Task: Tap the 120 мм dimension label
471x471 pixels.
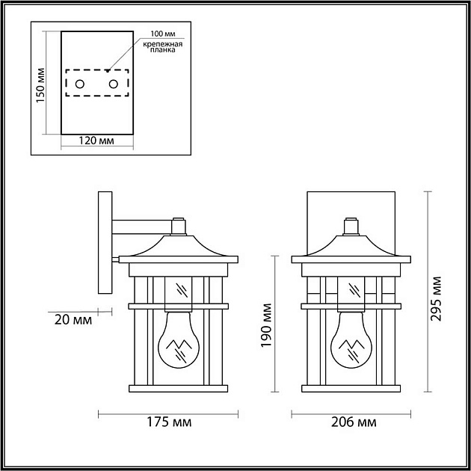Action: click(x=96, y=141)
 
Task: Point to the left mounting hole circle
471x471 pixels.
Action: click(x=81, y=84)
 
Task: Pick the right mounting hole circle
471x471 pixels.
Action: click(x=114, y=84)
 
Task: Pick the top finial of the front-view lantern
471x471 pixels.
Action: click(x=349, y=225)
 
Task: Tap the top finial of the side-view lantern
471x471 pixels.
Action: click(x=177, y=225)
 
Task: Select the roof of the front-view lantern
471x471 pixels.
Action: click(x=349, y=246)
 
